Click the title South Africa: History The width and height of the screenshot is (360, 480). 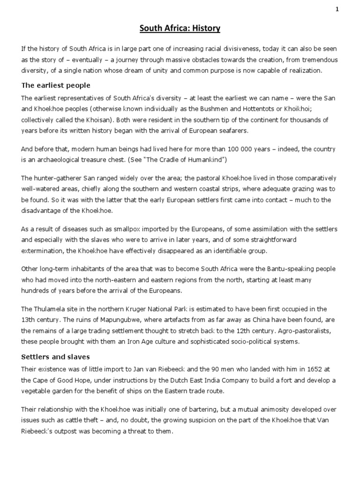click(x=180, y=29)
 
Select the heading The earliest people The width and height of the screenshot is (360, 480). click(x=56, y=86)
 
